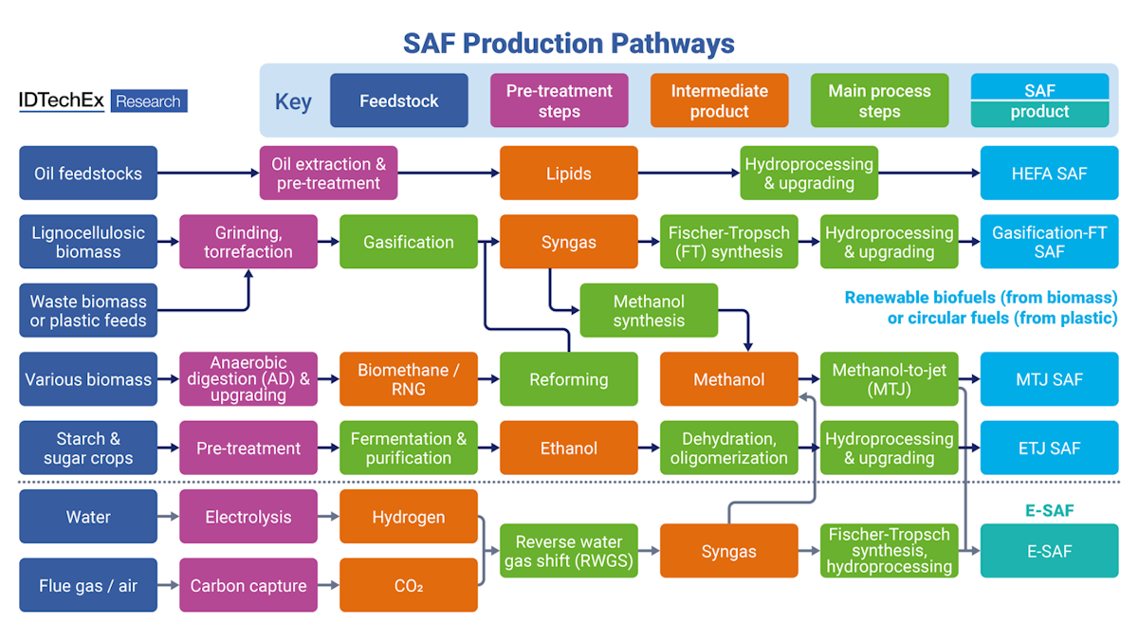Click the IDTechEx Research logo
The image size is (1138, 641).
pos(102,101)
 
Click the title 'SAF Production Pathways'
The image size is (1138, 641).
pos(569,44)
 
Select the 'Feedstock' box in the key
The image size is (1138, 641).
pos(398,101)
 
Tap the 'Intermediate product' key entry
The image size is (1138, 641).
pos(719,101)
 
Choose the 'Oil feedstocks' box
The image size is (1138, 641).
pos(88,174)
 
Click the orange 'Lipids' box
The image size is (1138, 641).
pos(568,174)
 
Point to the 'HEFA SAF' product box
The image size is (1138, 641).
pos(1049,174)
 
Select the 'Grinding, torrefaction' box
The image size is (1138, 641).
pos(248,242)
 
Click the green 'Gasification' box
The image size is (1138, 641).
pos(408,242)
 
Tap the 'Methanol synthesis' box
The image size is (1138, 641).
pos(649,311)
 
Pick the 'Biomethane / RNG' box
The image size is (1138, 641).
pos(408,379)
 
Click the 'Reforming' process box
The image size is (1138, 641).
pos(568,379)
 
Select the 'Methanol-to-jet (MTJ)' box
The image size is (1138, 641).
pos(889,379)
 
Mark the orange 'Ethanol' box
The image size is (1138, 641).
pos(568,449)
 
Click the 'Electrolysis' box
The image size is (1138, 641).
pos(248,517)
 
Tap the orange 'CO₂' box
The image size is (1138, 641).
pos(408,585)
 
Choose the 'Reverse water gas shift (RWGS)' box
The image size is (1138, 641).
pos(568,551)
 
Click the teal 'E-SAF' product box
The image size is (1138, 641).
pos(1049,551)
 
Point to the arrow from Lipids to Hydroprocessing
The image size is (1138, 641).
pos(688,174)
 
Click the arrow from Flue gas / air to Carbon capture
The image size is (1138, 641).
pos(168,585)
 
